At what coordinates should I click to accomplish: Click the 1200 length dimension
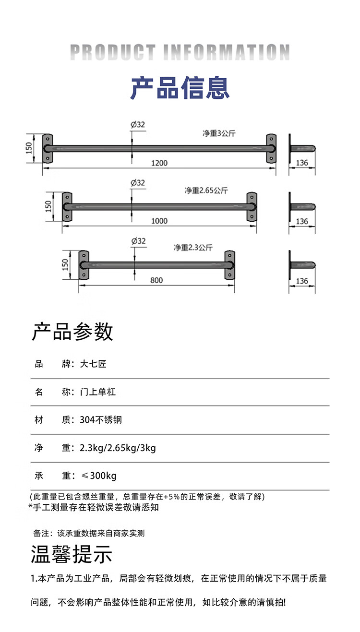159,163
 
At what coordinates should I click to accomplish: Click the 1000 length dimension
159,221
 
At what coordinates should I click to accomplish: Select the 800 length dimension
156,280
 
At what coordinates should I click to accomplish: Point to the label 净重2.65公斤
206,191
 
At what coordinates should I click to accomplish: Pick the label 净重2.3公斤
193,248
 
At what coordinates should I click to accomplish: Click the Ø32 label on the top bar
137,124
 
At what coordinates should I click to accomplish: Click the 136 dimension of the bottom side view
302,281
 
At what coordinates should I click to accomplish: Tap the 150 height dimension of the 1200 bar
29,147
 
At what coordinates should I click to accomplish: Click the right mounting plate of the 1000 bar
252,207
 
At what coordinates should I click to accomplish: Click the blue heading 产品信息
180,88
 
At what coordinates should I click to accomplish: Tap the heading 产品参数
72,332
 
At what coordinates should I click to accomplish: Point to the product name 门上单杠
98,392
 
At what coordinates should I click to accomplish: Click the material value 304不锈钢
101,420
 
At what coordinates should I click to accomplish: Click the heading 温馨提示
72,554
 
